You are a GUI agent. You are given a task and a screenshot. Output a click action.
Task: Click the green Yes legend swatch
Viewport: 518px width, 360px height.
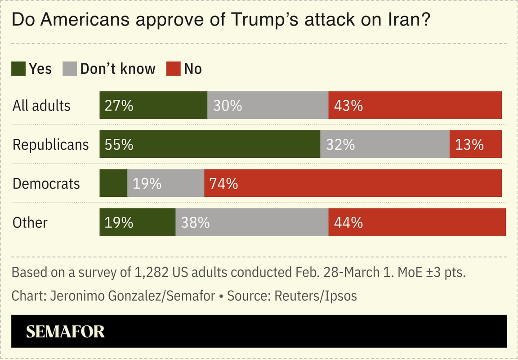click(18, 69)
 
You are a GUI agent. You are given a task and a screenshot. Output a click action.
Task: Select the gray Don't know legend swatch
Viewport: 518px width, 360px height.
click(70, 69)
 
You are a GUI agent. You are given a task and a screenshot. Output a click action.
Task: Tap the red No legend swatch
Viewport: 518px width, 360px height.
click(174, 69)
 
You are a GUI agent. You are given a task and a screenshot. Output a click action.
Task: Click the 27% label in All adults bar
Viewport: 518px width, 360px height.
click(119, 106)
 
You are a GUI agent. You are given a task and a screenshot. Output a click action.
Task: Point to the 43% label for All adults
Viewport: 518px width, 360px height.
click(348, 106)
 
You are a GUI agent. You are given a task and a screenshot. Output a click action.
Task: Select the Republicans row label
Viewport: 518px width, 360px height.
click(50, 145)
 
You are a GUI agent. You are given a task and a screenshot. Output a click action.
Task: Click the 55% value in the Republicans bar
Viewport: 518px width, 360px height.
click(119, 145)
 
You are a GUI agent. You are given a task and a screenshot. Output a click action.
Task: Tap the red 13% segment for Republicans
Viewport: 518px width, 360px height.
click(475, 145)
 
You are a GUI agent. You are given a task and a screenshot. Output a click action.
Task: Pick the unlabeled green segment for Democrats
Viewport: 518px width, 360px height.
click(113, 183)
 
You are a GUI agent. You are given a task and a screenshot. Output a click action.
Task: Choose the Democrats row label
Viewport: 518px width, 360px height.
click(46, 183)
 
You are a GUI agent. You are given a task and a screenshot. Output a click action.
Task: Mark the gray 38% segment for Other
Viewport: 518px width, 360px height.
click(252, 222)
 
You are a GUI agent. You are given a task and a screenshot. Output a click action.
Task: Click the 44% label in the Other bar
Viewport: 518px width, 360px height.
click(348, 222)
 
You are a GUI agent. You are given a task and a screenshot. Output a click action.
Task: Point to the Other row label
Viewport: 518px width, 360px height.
click(30, 222)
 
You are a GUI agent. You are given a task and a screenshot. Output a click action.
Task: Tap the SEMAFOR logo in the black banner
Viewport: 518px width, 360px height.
click(65, 332)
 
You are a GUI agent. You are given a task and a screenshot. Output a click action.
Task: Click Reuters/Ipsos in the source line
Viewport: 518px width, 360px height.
click(315, 296)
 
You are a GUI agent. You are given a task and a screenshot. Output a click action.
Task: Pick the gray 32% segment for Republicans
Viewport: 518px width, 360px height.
click(385, 145)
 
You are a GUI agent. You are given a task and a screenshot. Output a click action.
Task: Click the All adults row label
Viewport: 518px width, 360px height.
click(41, 106)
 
